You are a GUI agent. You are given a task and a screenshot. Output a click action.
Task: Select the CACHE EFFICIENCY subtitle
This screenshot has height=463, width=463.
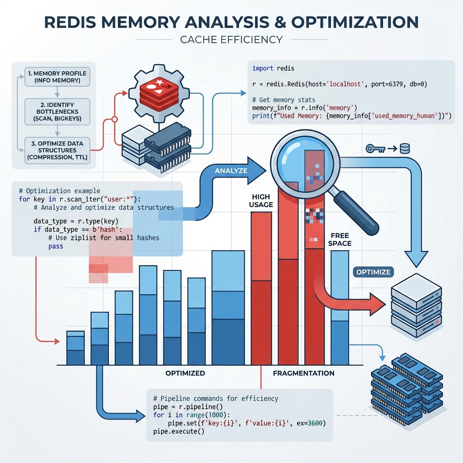point(231,40)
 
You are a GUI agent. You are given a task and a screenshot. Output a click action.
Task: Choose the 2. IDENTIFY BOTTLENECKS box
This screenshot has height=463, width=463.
point(57,111)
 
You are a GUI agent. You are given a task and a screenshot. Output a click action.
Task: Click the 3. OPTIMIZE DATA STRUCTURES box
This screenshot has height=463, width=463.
point(57,149)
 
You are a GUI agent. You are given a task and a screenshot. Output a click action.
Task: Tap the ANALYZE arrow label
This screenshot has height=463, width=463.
point(231,171)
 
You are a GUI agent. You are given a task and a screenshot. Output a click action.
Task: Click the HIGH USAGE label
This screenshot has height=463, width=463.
point(261,201)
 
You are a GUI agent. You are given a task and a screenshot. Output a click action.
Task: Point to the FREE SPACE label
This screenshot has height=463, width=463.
point(341,240)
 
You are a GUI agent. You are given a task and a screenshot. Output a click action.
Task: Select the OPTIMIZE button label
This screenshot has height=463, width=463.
point(373,272)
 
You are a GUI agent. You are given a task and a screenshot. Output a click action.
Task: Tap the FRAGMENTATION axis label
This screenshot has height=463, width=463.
point(303,373)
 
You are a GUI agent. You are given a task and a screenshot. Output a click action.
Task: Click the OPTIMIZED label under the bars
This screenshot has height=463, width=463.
point(185,373)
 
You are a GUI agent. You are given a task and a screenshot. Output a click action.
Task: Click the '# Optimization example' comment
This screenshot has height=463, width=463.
point(60,190)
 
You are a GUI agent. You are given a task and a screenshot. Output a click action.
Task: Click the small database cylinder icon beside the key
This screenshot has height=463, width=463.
point(405,148)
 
